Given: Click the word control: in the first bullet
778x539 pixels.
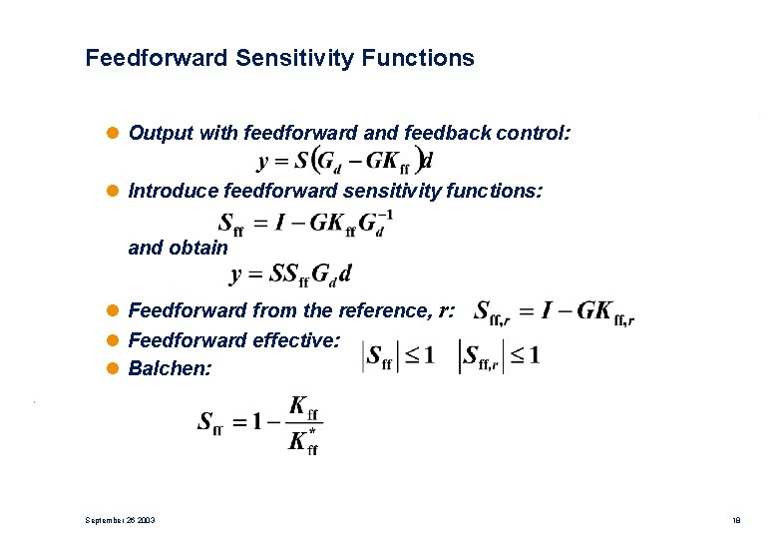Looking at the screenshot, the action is click(x=533, y=133).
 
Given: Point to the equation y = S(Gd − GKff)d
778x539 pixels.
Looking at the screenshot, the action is click(x=345, y=160).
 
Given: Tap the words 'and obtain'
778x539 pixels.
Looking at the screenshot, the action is click(x=179, y=248).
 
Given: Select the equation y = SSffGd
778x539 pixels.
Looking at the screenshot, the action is click(x=290, y=272).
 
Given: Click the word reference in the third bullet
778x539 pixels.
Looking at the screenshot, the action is click(x=382, y=311).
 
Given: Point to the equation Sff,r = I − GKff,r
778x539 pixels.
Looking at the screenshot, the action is click(x=554, y=312).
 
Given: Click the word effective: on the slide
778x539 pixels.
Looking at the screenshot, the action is click(x=296, y=340).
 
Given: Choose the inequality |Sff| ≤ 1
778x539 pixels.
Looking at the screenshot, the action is click(x=398, y=356).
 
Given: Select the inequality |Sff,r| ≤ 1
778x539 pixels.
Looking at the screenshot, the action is click(x=499, y=356).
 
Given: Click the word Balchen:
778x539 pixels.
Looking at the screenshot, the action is click(x=171, y=369).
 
